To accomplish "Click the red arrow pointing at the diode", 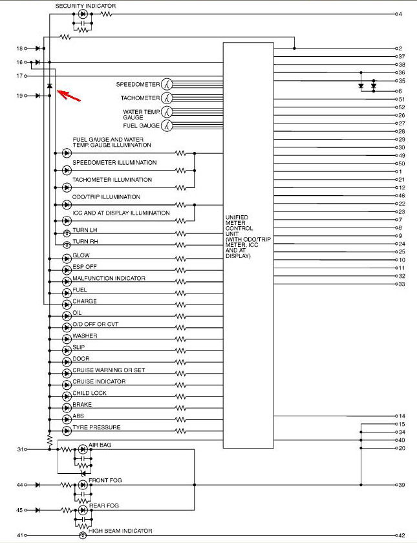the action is click(x=69, y=95).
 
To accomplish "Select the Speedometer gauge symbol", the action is click(x=167, y=84).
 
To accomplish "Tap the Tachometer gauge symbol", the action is click(x=167, y=98).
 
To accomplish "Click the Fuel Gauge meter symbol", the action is click(x=167, y=125).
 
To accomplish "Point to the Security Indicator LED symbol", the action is click(x=83, y=14).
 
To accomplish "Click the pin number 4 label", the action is click(x=400, y=14).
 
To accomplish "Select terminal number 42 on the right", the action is click(x=401, y=535).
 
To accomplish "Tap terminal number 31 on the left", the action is click(x=20, y=449).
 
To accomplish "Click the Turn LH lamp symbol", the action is click(x=67, y=234).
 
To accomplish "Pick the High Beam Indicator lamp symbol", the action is click(x=83, y=535).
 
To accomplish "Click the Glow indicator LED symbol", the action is click(x=67, y=259).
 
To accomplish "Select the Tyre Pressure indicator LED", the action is click(x=67, y=431).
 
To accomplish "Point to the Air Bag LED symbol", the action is click(x=83, y=449).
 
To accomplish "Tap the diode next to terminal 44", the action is click(x=37, y=485).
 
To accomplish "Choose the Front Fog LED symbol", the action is click(x=83, y=485).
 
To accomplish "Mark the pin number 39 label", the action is click(x=401, y=485).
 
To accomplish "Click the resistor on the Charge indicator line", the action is click(x=181, y=304).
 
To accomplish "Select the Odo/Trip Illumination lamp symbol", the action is click(x=67, y=205).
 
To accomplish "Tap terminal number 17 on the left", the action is click(x=20, y=76).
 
